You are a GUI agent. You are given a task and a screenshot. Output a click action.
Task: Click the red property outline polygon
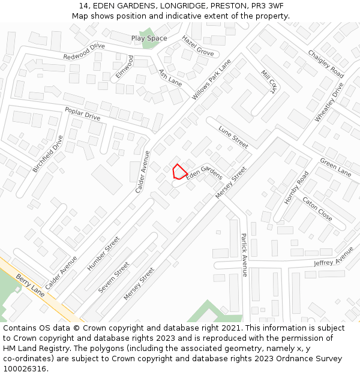[x=179, y=172]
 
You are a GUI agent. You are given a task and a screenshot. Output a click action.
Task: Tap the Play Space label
[x=149, y=38]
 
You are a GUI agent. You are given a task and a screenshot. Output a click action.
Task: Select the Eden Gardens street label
[x=204, y=173]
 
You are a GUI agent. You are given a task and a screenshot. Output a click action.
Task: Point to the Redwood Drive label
[x=84, y=51]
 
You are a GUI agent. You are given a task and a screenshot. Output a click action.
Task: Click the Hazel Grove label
[x=198, y=46]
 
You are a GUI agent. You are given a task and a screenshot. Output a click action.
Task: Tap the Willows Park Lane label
[x=211, y=79]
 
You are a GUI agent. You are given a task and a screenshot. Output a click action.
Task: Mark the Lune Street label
[x=233, y=137]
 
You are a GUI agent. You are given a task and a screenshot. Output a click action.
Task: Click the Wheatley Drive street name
[x=329, y=103]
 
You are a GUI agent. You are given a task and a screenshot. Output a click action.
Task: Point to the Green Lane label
[x=336, y=167]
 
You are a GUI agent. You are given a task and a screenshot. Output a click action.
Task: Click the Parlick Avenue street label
[x=244, y=254]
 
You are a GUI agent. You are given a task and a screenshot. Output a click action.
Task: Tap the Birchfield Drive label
[x=47, y=154]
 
